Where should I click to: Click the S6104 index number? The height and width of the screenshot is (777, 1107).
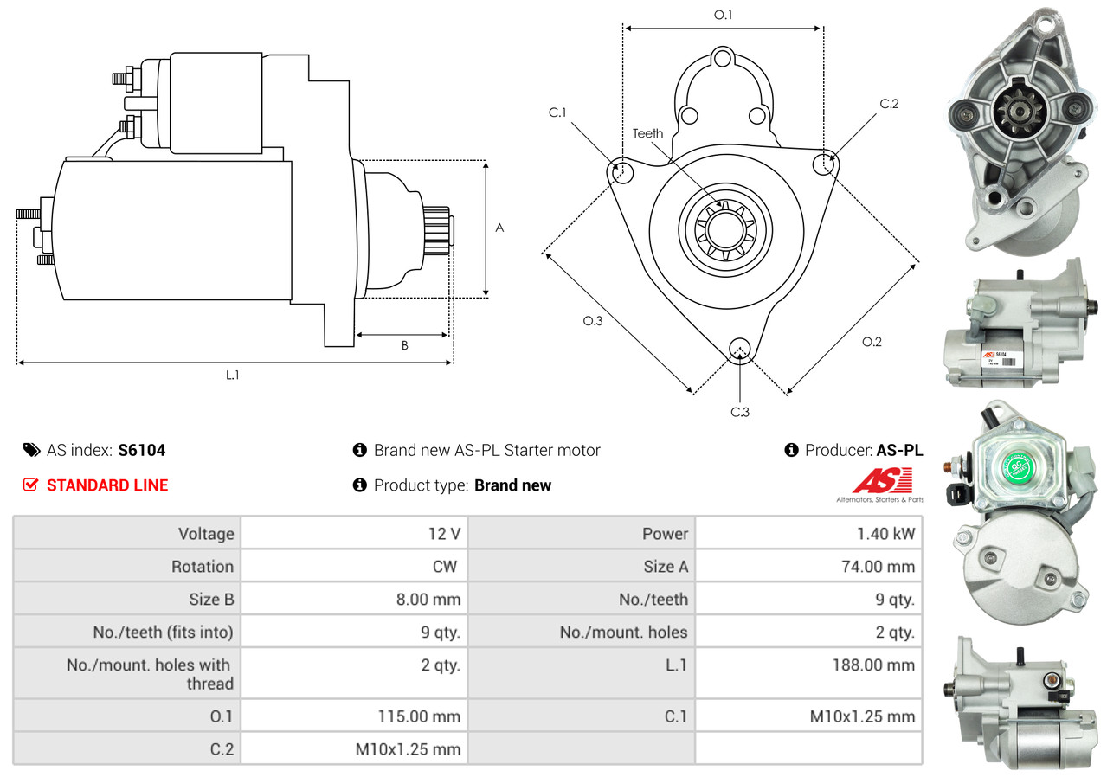point(142,450)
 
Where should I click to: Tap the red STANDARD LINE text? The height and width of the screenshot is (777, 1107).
point(107,485)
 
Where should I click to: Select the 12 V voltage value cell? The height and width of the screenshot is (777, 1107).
point(443,534)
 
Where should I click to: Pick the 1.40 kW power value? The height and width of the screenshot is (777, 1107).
point(885,534)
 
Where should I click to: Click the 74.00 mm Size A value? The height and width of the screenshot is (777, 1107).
point(879,567)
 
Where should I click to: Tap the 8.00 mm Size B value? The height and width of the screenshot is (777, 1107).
point(428,599)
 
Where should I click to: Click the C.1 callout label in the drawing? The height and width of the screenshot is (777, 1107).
point(557,112)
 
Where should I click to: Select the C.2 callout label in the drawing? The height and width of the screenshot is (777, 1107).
point(889,104)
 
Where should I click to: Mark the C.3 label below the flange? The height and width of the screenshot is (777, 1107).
point(739,412)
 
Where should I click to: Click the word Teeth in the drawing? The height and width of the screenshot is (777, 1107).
point(647,133)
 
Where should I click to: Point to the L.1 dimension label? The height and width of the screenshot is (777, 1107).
point(233,376)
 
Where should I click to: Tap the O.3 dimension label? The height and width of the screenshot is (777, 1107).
point(592,321)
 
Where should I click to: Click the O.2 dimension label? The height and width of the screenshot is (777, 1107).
point(872,342)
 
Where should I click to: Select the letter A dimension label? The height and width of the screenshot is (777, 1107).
point(499,228)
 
